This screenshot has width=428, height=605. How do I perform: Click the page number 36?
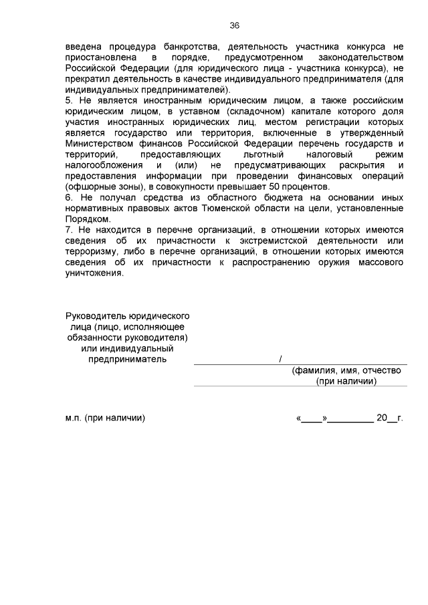coord(234,25)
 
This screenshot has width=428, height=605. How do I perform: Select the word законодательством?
coord(360,58)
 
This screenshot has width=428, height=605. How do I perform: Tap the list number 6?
coord(69,199)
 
